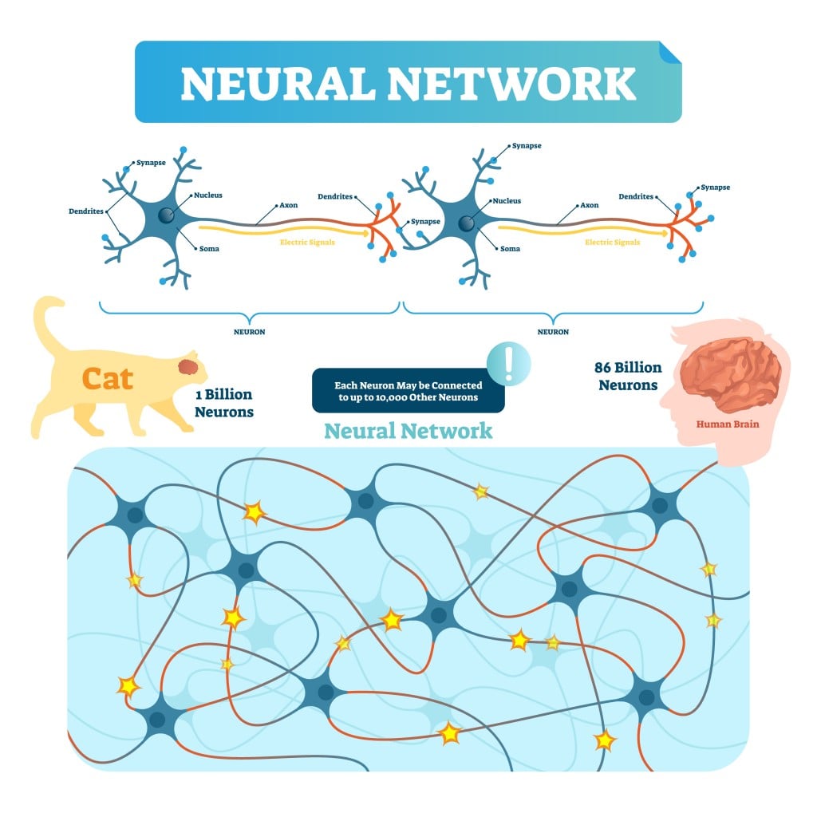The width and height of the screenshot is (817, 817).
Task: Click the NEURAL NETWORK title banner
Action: pos(408,82)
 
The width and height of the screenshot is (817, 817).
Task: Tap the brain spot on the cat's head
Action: pos(190,367)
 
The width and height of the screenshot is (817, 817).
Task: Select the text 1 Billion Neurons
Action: pos(224,403)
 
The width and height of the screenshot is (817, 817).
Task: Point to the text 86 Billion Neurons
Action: pos(627,376)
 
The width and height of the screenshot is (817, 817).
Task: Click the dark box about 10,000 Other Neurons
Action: pos(408,390)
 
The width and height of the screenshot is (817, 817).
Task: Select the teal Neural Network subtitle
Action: pos(408,431)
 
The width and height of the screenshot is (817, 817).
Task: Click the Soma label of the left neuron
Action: pos(208,248)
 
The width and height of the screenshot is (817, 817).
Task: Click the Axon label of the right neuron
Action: pos(589,205)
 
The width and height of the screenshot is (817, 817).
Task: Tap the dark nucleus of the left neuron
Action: pos(165,216)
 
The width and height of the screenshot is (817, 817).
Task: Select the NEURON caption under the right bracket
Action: pos(553,331)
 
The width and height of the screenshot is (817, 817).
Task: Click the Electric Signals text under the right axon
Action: pos(612,242)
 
